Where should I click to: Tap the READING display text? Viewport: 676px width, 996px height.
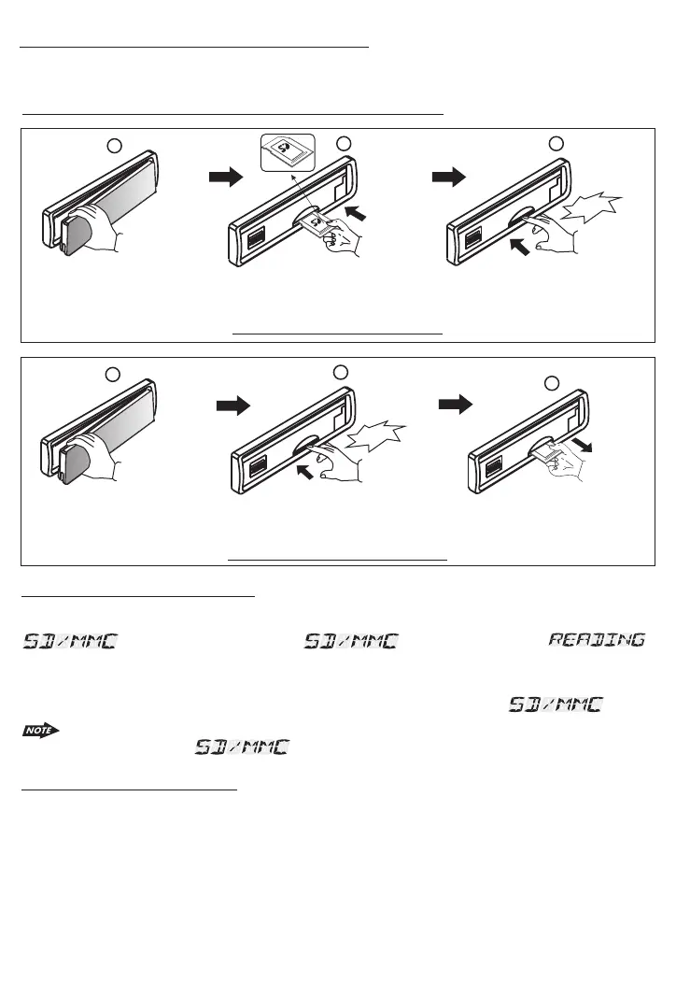[596, 641]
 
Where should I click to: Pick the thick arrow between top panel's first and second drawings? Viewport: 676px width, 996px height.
[226, 178]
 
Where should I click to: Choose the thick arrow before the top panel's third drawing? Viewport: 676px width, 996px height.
[449, 178]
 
